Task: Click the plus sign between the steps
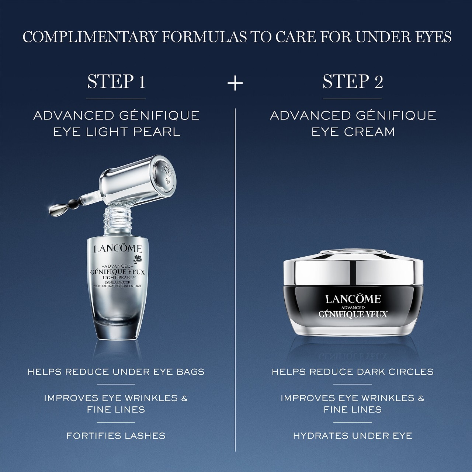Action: tap(235, 83)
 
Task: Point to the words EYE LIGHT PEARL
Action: tap(117, 132)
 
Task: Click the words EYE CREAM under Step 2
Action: tap(353, 132)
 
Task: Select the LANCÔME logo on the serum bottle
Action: tap(118, 249)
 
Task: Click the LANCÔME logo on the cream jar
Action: tap(353, 299)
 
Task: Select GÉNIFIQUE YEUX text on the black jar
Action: tap(353, 314)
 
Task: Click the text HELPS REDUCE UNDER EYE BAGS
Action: tap(116, 372)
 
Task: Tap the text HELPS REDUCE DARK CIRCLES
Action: tap(353, 372)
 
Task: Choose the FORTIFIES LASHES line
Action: tap(116, 436)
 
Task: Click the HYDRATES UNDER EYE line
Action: tap(353, 436)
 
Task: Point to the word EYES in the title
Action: tap(431, 37)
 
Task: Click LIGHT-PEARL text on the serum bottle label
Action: tap(118, 278)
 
